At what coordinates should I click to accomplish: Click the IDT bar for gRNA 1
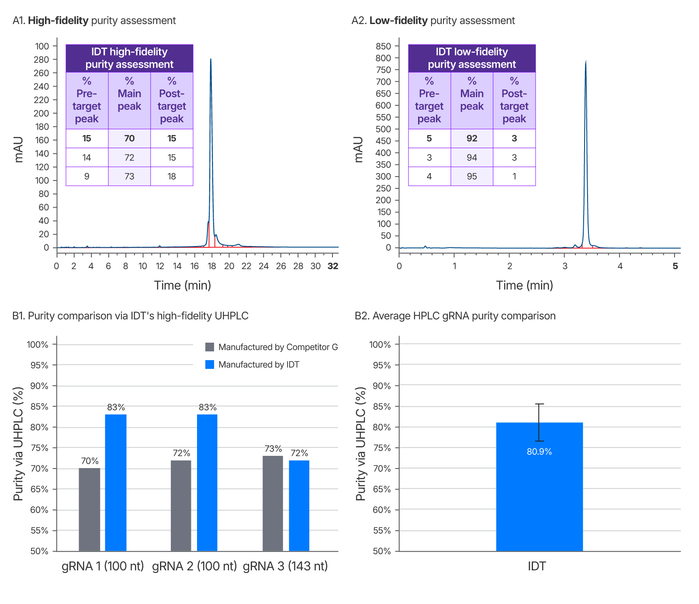click(x=116, y=483)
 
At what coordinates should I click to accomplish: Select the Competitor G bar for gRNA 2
click(x=181, y=506)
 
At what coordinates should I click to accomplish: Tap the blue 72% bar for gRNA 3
click(x=299, y=506)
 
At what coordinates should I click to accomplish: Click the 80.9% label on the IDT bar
click(x=539, y=452)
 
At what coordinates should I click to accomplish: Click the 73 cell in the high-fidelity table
click(x=129, y=177)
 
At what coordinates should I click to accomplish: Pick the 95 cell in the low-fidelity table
click(x=472, y=177)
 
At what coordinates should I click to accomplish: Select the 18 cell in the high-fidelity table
click(x=172, y=177)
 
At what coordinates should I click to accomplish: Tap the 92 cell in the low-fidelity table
click(x=472, y=139)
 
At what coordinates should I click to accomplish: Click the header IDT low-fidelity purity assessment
click(x=472, y=58)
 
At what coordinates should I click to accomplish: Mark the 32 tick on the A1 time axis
click(x=333, y=266)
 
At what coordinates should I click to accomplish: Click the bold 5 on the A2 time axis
click(x=675, y=266)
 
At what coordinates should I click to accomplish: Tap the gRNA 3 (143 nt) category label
click(x=285, y=566)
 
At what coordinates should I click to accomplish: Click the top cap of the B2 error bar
click(x=540, y=404)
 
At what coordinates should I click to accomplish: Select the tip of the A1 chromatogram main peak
click(x=211, y=59)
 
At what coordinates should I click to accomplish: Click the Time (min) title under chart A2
click(x=524, y=285)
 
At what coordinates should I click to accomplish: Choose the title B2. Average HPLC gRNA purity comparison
click(x=455, y=316)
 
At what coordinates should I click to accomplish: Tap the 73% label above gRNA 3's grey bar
click(x=273, y=449)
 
